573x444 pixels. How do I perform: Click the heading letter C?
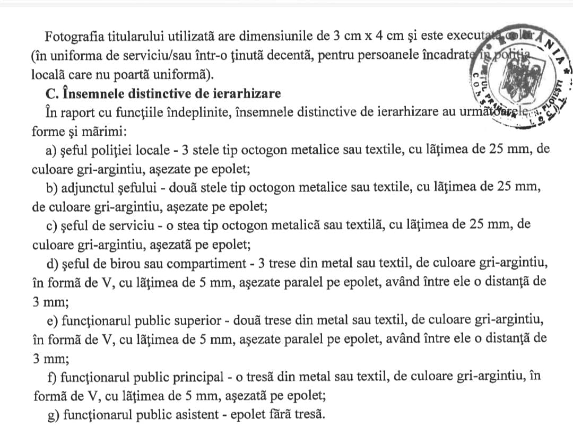pos(51,93)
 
